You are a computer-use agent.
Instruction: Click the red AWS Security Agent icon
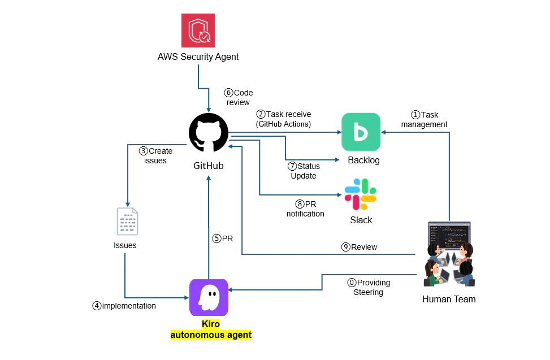(198, 31)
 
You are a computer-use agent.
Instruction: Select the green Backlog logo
(361, 132)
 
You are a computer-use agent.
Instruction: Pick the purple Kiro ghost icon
(209, 297)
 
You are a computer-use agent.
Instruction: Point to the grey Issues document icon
(127, 221)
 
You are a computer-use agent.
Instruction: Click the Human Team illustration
(449, 255)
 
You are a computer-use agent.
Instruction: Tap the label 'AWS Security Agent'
(198, 57)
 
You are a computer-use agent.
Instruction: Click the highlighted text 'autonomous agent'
(211, 335)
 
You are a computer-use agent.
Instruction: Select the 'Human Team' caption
(449, 299)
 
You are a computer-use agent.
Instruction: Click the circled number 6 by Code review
(228, 93)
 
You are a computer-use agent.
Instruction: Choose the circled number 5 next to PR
(216, 238)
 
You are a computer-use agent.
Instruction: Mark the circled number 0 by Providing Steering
(352, 283)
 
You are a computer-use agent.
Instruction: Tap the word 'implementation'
(129, 306)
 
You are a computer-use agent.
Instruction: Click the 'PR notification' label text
(306, 209)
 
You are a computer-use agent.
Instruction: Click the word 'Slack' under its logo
(361, 220)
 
